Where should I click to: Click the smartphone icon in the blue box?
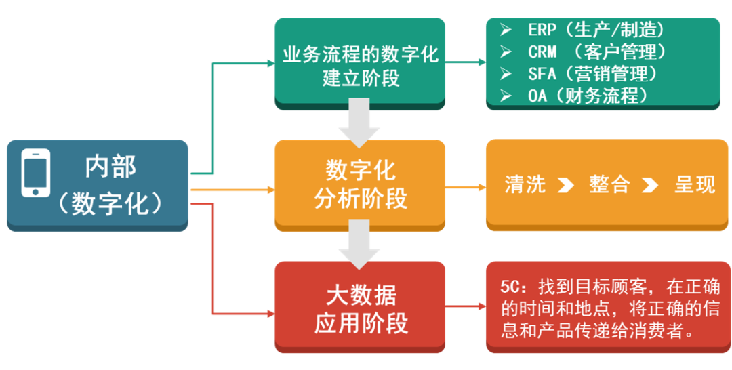click(x=35, y=173)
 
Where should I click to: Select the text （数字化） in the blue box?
click(x=110, y=203)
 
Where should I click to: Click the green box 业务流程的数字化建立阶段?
click(x=360, y=65)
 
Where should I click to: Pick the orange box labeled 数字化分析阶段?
click(x=360, y=184)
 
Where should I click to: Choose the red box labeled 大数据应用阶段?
click(x=360, y=309)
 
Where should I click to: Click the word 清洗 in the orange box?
click(x=525, y=184)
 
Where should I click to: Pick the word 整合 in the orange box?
click(x=609, y=184)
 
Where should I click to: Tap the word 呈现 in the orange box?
click(x=695, y=184)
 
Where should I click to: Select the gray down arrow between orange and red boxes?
click(x=359, y=245)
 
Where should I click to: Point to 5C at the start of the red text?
click(x=510, y=285)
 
